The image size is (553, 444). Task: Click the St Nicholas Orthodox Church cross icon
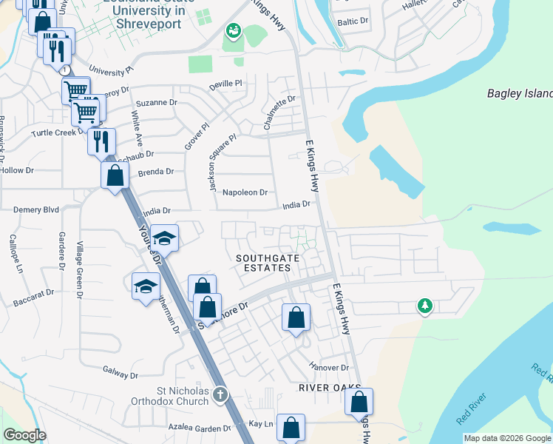(x=220, y=396)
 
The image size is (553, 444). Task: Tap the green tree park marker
(x=424, y=306)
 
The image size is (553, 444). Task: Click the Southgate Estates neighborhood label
(x=262, y=263)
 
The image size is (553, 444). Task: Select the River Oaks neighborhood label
(x=330, y=388)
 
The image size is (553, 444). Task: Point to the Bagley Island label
(x=520, y=94)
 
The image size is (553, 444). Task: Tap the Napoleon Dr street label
(x=245, y=192)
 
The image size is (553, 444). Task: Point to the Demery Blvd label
(x=35, y=210)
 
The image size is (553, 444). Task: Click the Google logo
(x=24, y=435)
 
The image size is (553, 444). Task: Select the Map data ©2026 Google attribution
(x=507, y=438)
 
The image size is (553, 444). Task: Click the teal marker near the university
(x=233, y=30)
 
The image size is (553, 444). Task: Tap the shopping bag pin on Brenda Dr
(x=115, y=176)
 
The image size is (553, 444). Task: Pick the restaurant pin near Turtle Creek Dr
(x=101, y=141)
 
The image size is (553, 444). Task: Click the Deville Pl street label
(x=225, y=85)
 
